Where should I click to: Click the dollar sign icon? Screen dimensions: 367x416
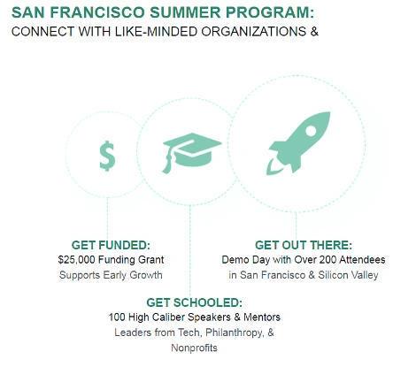point(107,157)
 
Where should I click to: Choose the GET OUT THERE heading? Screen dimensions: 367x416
point(303,245)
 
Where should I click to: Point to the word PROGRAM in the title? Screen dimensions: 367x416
point(250,14)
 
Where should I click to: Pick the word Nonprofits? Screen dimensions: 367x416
point(194,348)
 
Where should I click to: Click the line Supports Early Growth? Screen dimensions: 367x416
point(111,275)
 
